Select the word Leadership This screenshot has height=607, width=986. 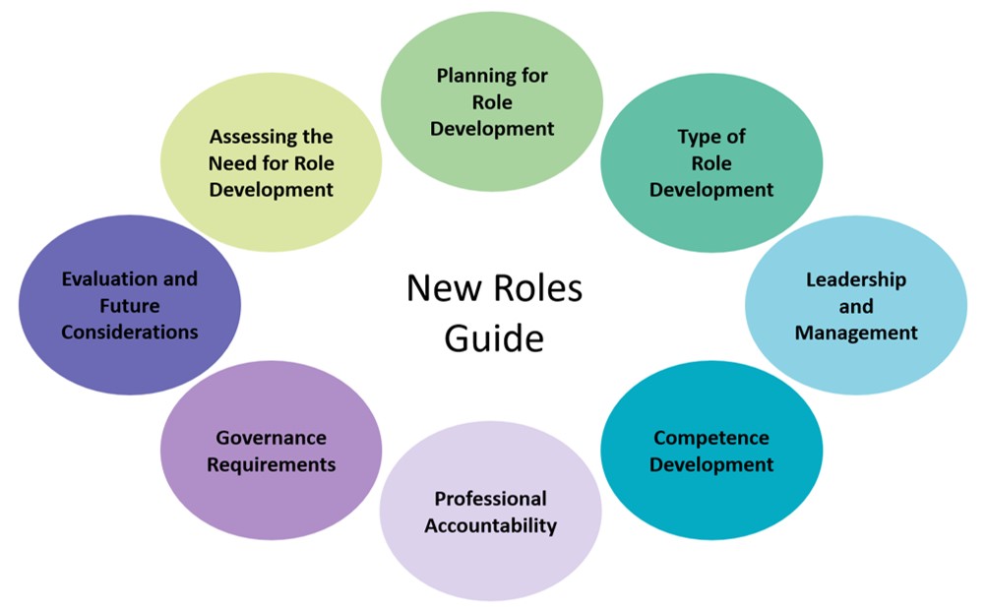click(855, 279)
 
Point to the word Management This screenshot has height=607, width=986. click(855, 333)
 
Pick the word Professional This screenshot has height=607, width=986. click(490, 499)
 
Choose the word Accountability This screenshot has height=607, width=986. click(490, 525)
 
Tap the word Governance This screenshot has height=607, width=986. click(271, 438)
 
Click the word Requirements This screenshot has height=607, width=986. click(271, 464)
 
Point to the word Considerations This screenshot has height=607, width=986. click(129, 333)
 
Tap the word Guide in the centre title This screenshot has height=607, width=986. click(493, 338)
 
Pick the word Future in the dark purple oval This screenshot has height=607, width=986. click(129, 306)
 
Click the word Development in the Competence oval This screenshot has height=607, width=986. click(710, 464)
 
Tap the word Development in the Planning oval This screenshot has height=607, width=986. click(492, 129)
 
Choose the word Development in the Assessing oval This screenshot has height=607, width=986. click(271, 190)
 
